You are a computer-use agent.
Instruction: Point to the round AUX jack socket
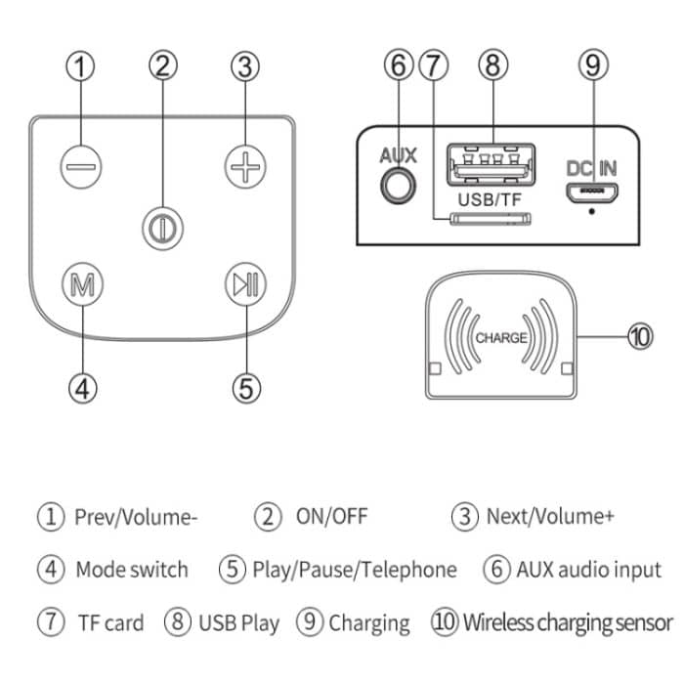pos(397,185)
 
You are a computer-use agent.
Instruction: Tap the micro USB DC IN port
pos(592,191)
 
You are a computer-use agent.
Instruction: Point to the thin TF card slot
pos(485,219)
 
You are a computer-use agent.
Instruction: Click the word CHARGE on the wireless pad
pos(500,338)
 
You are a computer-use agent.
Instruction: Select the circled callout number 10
pos(638,337)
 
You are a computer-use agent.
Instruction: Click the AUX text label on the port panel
pos(398,155)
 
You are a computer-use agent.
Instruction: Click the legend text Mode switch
pos(131,569)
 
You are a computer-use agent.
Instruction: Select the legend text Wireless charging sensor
pos(567,621)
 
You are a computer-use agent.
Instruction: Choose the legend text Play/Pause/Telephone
pos(354,569)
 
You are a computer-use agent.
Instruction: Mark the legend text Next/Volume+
pos(550,516)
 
